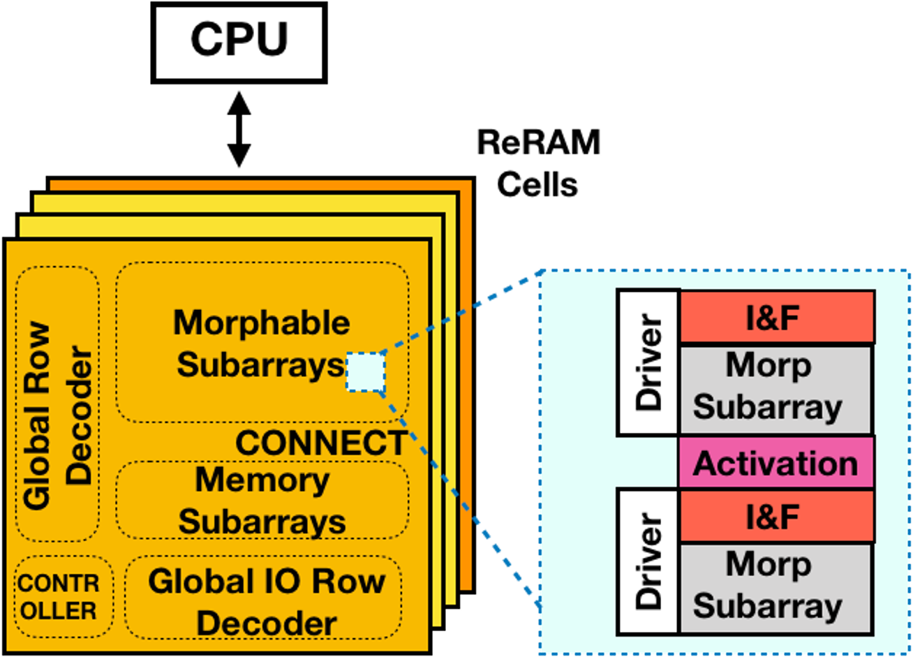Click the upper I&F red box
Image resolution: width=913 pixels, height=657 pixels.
click(776, 318)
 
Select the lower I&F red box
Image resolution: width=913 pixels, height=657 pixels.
click(776, 517)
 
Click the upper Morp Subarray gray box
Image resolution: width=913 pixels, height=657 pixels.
click(775, 387)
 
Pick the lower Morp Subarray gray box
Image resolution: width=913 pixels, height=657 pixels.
click(775, 586)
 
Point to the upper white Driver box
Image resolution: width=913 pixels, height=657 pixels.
click(648, 362)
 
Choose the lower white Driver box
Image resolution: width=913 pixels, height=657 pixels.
click(648, 562)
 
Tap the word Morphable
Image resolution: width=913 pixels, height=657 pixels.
click(262, 323)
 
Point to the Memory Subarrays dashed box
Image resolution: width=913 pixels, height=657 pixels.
click(262, 501)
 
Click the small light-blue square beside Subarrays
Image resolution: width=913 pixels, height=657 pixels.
click(366, 372)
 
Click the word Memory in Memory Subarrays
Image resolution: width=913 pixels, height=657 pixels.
click(262, 480)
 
